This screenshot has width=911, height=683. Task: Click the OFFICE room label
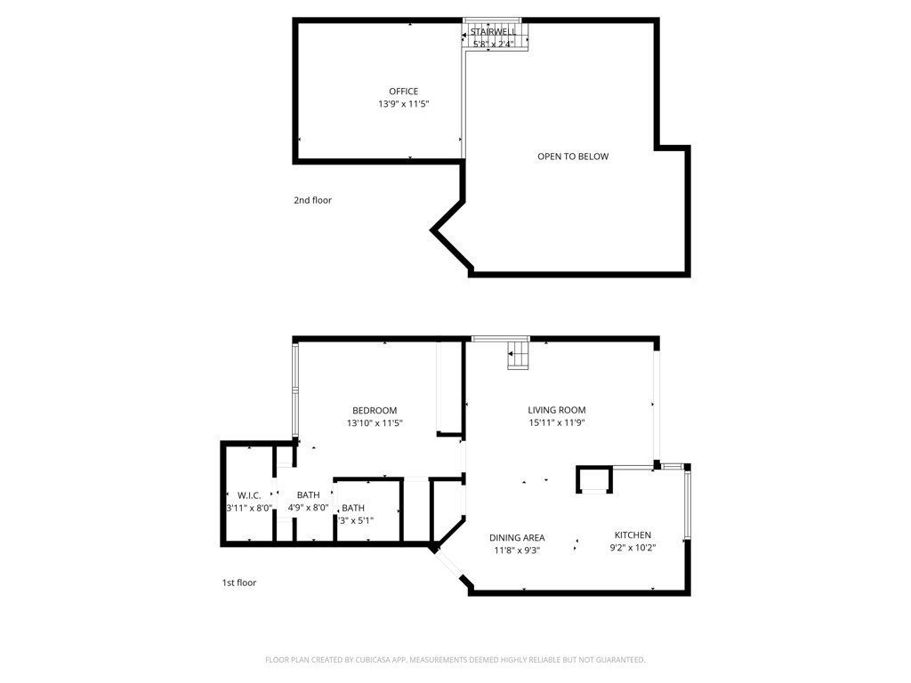coord(403,92)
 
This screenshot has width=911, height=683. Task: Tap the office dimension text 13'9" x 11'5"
coord(403,104)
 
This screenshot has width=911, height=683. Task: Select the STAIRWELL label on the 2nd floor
coord(494,31)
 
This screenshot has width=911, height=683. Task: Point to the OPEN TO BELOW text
coord(573,157)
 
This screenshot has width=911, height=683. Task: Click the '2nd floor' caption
coord(312,200)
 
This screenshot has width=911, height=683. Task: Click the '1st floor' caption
coord(238,583)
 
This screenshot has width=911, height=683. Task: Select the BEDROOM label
coord(375,410)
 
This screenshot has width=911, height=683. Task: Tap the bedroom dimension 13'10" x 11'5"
coord(375,423)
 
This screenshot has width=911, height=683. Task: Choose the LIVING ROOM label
coord(556,410)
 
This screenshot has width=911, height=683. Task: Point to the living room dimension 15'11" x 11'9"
coord(556,423)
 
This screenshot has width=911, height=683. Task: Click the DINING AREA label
coord(517,537)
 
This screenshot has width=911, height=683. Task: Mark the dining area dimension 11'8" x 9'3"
coord(517,550)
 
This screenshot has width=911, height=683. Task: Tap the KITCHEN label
coord(633,534)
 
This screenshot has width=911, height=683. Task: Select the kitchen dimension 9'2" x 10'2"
coord(633,548)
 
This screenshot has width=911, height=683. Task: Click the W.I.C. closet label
coord(248,494)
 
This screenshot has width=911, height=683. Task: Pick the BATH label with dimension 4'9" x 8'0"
coord(308,494)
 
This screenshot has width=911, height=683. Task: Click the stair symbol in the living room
coord(518,356)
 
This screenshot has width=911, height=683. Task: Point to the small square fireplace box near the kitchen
coord(594,480)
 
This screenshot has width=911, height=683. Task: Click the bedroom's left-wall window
coord(296,391)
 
